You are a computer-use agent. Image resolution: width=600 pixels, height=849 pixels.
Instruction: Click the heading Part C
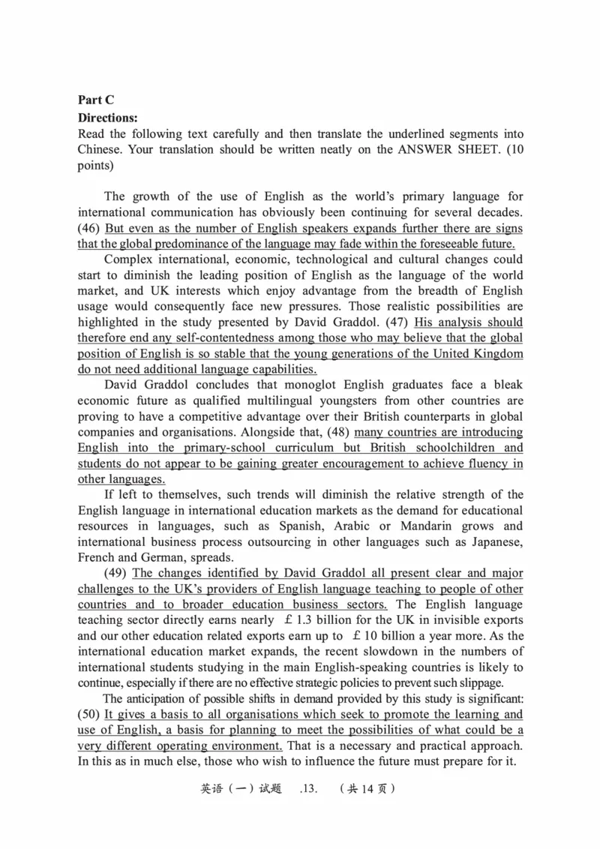click(95, 100)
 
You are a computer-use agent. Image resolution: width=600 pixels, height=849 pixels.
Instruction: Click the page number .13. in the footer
click(310, 789)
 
